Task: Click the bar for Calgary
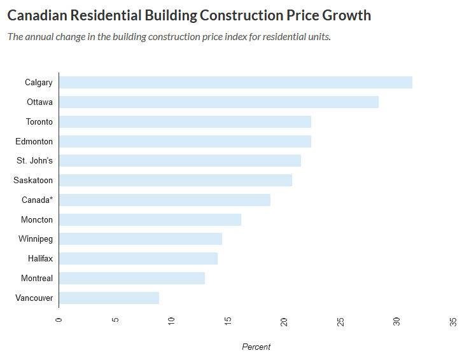[235, 82]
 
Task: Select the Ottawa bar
[218, 102]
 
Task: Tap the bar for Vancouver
[109, 298]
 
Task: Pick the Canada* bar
[164, 200]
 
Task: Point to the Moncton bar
[150, 219]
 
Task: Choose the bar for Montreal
[132, 278]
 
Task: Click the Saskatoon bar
[175, 180]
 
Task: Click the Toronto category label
[39, 121]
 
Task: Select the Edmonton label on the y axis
[34, 141]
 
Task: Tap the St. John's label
[35, 161]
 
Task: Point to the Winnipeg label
[36, 239]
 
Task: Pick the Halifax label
[40, 259]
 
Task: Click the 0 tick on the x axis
[59, 321]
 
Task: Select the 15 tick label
[228, 321]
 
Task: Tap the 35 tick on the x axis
[453, 321]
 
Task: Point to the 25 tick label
[340, 321]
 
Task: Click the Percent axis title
[256, 347]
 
